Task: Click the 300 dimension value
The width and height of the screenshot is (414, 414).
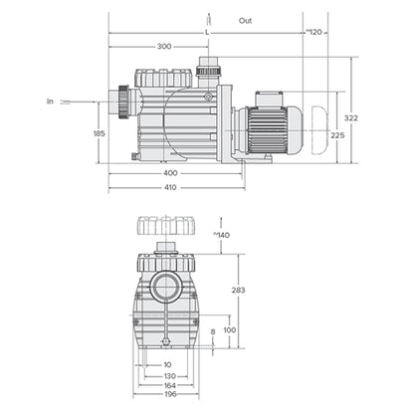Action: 163,47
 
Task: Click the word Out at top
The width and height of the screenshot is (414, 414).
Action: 246,19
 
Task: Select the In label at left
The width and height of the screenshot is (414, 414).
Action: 50,101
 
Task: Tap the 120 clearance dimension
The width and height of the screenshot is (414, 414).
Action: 314,32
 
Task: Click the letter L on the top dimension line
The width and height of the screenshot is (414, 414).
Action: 206,32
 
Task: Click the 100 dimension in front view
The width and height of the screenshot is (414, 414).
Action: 230,329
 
